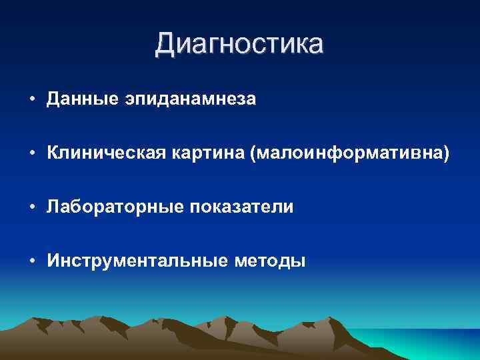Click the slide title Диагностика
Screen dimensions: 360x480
[239, 44]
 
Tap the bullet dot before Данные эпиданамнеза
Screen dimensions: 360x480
[32, 99]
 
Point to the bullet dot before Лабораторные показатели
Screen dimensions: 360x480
[32, 207]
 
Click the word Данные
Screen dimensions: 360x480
[82, 99]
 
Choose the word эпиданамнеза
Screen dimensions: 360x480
[189, 100]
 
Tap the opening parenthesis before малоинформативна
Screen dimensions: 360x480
[253, 154]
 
